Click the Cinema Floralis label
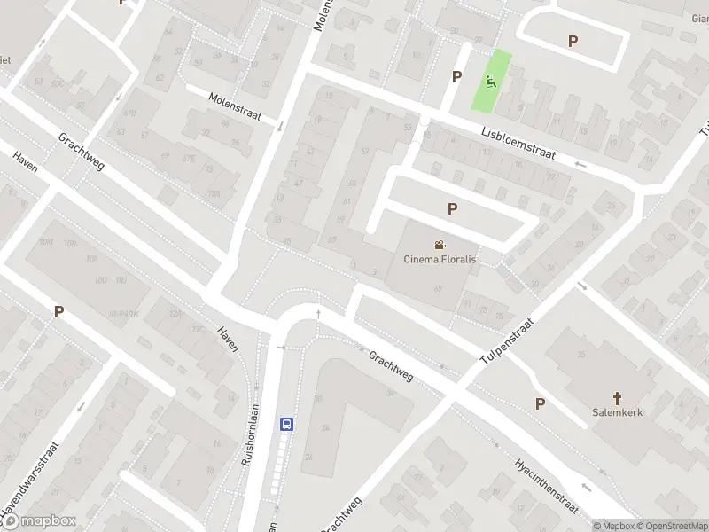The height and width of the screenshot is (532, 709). pos(440,260)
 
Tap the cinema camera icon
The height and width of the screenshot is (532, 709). pos(440,245)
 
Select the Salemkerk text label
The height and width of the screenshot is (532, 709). pos(617,412)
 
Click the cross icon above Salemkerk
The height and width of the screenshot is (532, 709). pos(617,397)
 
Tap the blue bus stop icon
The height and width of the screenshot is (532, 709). pos(287,424)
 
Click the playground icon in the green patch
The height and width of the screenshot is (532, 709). pos(490,82)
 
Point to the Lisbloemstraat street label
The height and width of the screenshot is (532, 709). pos(518,141)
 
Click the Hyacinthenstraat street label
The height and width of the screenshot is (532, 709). pos(547,483)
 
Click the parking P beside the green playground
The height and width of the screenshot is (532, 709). pos(456,76)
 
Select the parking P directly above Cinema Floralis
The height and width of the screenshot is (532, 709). pos(452,208)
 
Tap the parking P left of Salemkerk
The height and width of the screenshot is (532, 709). pos(540,403)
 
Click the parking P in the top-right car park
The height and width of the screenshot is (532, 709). pos(573,41)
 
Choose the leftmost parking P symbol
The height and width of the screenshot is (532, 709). pos(59,311)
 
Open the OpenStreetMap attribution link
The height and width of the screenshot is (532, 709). pos(670,526)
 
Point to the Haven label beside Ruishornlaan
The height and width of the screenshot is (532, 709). pos(228,339)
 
